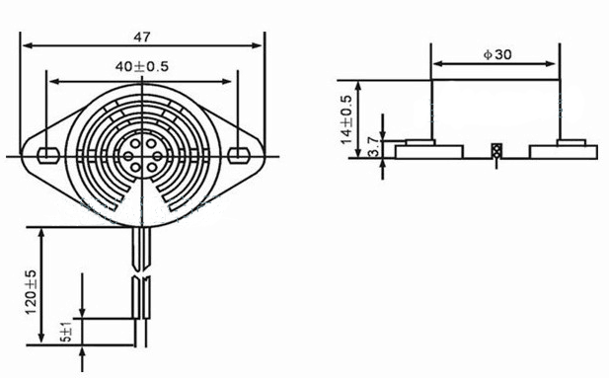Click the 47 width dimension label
[x=142, y=37]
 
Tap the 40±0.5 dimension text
[x=142, y=66]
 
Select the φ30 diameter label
[x=497, y=55]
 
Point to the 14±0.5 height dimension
[x=346, y=119]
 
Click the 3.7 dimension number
[x=373, y=146]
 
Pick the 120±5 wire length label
[x=31, y=292]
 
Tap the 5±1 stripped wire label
[x=67, y=332]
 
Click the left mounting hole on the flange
[x=48, y=155]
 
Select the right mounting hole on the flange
[x=238, y=155]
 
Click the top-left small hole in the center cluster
[x=135, y=144]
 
